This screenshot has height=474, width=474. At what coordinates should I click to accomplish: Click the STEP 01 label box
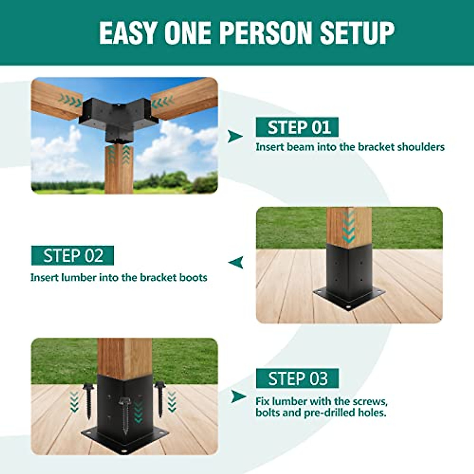coord(297,127)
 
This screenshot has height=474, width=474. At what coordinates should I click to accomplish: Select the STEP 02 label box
coord(73,256)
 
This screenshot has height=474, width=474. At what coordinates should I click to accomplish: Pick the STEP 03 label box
coord(297,378)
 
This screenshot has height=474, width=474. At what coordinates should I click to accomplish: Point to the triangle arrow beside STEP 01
coord(235,137)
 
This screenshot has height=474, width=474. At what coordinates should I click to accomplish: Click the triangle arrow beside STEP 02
coord(236,262)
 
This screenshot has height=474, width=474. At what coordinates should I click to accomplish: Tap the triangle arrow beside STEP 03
coord(238,396)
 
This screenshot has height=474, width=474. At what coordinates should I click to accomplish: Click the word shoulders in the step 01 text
coord(421,147)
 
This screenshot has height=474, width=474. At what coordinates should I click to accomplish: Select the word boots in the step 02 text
coord(193,278)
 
